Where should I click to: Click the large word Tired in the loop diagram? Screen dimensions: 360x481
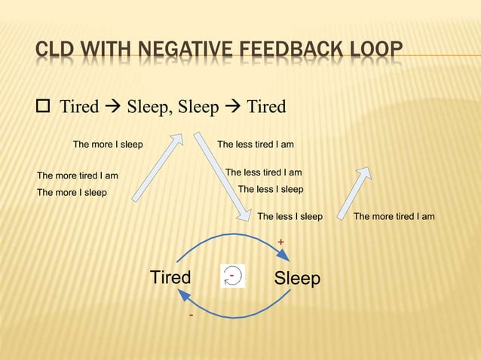pos(170,277)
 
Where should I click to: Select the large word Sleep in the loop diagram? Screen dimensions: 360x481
pos(297,279)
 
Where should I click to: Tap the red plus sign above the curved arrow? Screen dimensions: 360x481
pos(280,242)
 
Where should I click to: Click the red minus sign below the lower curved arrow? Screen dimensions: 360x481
pos(191,314)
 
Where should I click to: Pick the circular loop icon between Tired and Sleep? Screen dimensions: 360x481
pos(234,276)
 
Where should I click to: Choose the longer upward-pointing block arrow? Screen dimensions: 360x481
pos(158,167)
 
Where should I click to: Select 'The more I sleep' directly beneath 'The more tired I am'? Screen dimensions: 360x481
pos(72,192)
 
